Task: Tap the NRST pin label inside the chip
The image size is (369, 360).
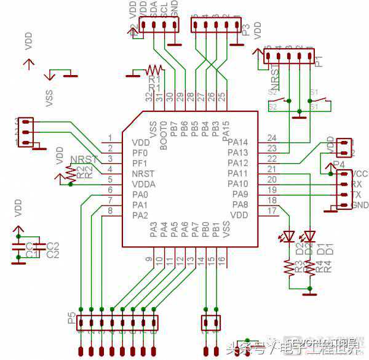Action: tap(143, 174)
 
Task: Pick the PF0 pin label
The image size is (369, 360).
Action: tap(140, 153)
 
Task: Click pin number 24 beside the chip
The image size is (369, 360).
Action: tap(272, 138)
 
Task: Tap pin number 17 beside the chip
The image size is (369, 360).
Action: tap(272, 211)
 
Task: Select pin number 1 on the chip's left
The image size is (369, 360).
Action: tap(110, 138)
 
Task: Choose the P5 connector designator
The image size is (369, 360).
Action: tap(71, 319)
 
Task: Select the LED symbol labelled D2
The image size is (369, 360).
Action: tap(288, 236)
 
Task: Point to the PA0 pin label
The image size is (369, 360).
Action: tap(140, 194)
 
